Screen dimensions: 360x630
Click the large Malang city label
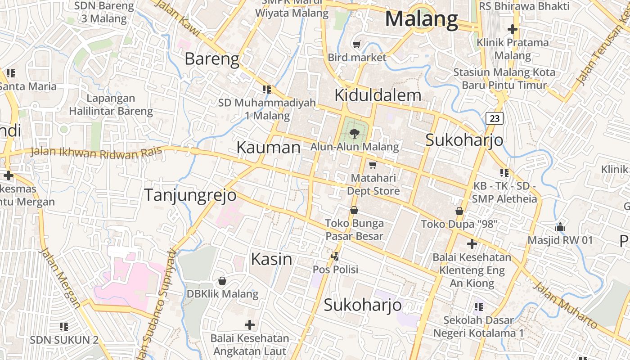click(x=422, y=19)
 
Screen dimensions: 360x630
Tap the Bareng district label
click(x=212, y=59)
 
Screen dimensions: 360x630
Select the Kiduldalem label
click(x=378, y=95)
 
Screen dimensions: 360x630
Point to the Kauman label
click(x=268, y=148)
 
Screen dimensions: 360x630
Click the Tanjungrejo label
click(x=190, y=195)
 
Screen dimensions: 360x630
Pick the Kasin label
click(x=271, y=259)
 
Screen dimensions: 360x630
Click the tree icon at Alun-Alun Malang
click(x=354, y=133)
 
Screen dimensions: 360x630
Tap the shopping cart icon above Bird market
click(x=357, y=45)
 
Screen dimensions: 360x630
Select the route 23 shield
click(x=495, y=118)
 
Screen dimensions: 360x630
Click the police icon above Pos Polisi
click(x=335, y=256)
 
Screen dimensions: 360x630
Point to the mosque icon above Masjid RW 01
click(x=560, y=227)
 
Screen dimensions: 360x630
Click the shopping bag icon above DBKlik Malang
click(x=222, y=281)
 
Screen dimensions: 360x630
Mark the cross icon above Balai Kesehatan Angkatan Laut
click(x=250, y=324)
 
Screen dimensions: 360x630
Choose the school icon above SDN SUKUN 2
click(x=64, y=326)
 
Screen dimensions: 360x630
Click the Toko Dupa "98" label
click(x=459, y=224)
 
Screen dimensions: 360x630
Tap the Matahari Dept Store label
click(x=373, y=184)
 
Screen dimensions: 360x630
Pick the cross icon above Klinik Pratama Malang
click(x=512, y=30)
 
